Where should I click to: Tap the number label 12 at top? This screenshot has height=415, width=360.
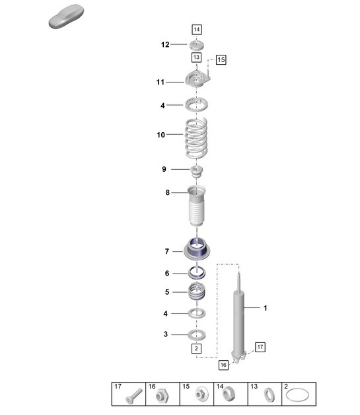(165, 45)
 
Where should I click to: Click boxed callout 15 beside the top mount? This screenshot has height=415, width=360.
(221, 59)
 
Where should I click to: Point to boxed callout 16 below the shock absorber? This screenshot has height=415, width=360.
(223, 364)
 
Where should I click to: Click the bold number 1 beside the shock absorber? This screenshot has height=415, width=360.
(265, 308)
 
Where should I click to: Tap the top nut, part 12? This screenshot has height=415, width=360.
(197, 45)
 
